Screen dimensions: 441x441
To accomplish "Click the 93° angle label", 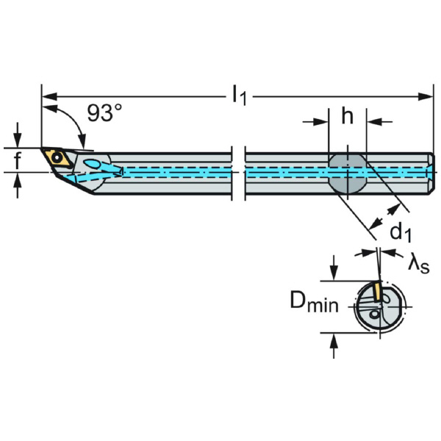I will click(104, 113).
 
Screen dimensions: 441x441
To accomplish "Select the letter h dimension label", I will click(348, 116).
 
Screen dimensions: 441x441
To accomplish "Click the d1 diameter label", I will click(401, 233).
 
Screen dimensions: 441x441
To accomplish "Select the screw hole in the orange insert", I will click(57, 157).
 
